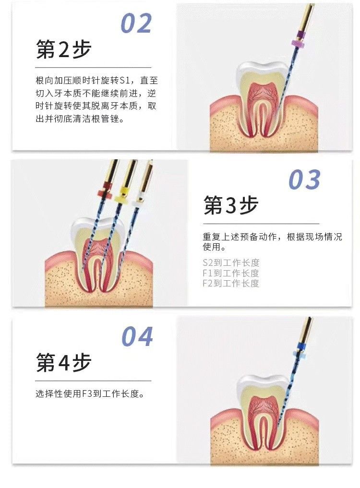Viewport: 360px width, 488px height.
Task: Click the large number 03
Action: [x=304, y=180]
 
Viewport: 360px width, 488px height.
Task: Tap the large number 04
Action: [x=137, y=336]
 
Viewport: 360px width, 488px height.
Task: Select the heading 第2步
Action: [x=63, y=50]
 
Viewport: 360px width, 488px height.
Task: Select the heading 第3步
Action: [x=231, y=206]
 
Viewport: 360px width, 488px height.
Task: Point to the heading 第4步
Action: [x=63, y=363]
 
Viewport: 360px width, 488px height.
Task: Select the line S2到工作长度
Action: [x=231, y=262]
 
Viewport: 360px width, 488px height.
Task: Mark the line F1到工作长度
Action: [x=231, y=273]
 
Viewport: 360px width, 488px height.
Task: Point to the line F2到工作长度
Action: [x=231, y=283]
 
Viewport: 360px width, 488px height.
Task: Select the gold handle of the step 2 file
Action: [x=306, y=17]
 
